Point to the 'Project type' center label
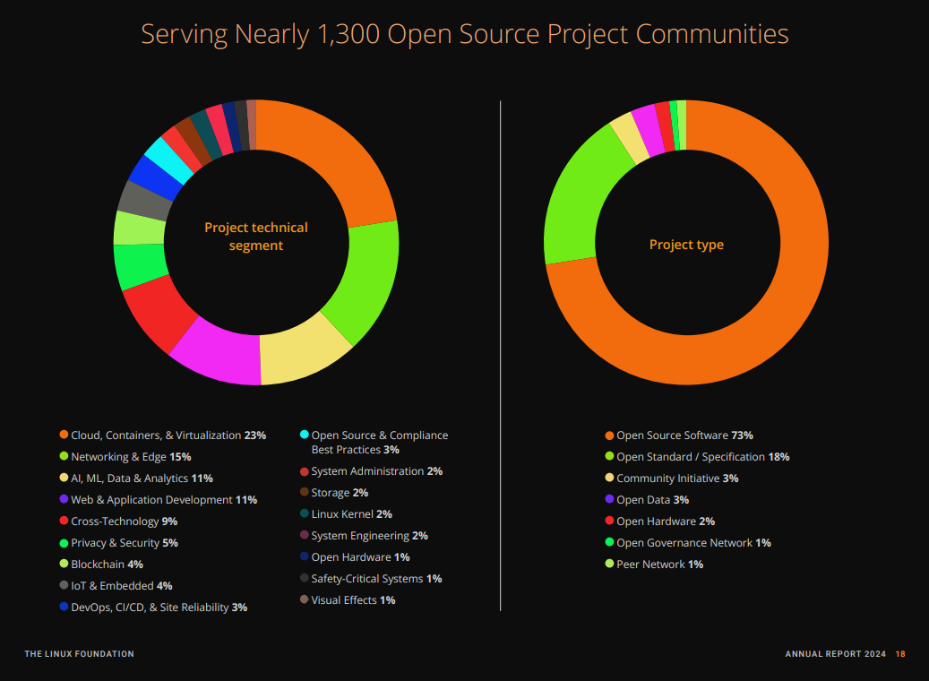686,245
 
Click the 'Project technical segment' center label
256,237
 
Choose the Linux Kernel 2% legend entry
351,514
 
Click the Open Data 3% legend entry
652,500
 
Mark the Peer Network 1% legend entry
659,565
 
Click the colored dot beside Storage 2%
305,493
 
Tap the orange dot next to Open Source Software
610,435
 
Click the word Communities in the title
712,34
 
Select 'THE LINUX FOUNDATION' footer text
79,654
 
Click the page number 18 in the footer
900,654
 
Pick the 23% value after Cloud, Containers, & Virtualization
255,435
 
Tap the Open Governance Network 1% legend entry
693,543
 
